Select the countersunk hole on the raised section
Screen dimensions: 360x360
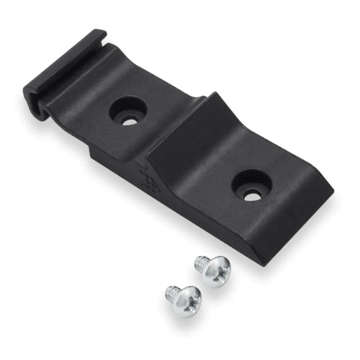point(251,184)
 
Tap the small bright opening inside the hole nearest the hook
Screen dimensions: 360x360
point(130,120)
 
